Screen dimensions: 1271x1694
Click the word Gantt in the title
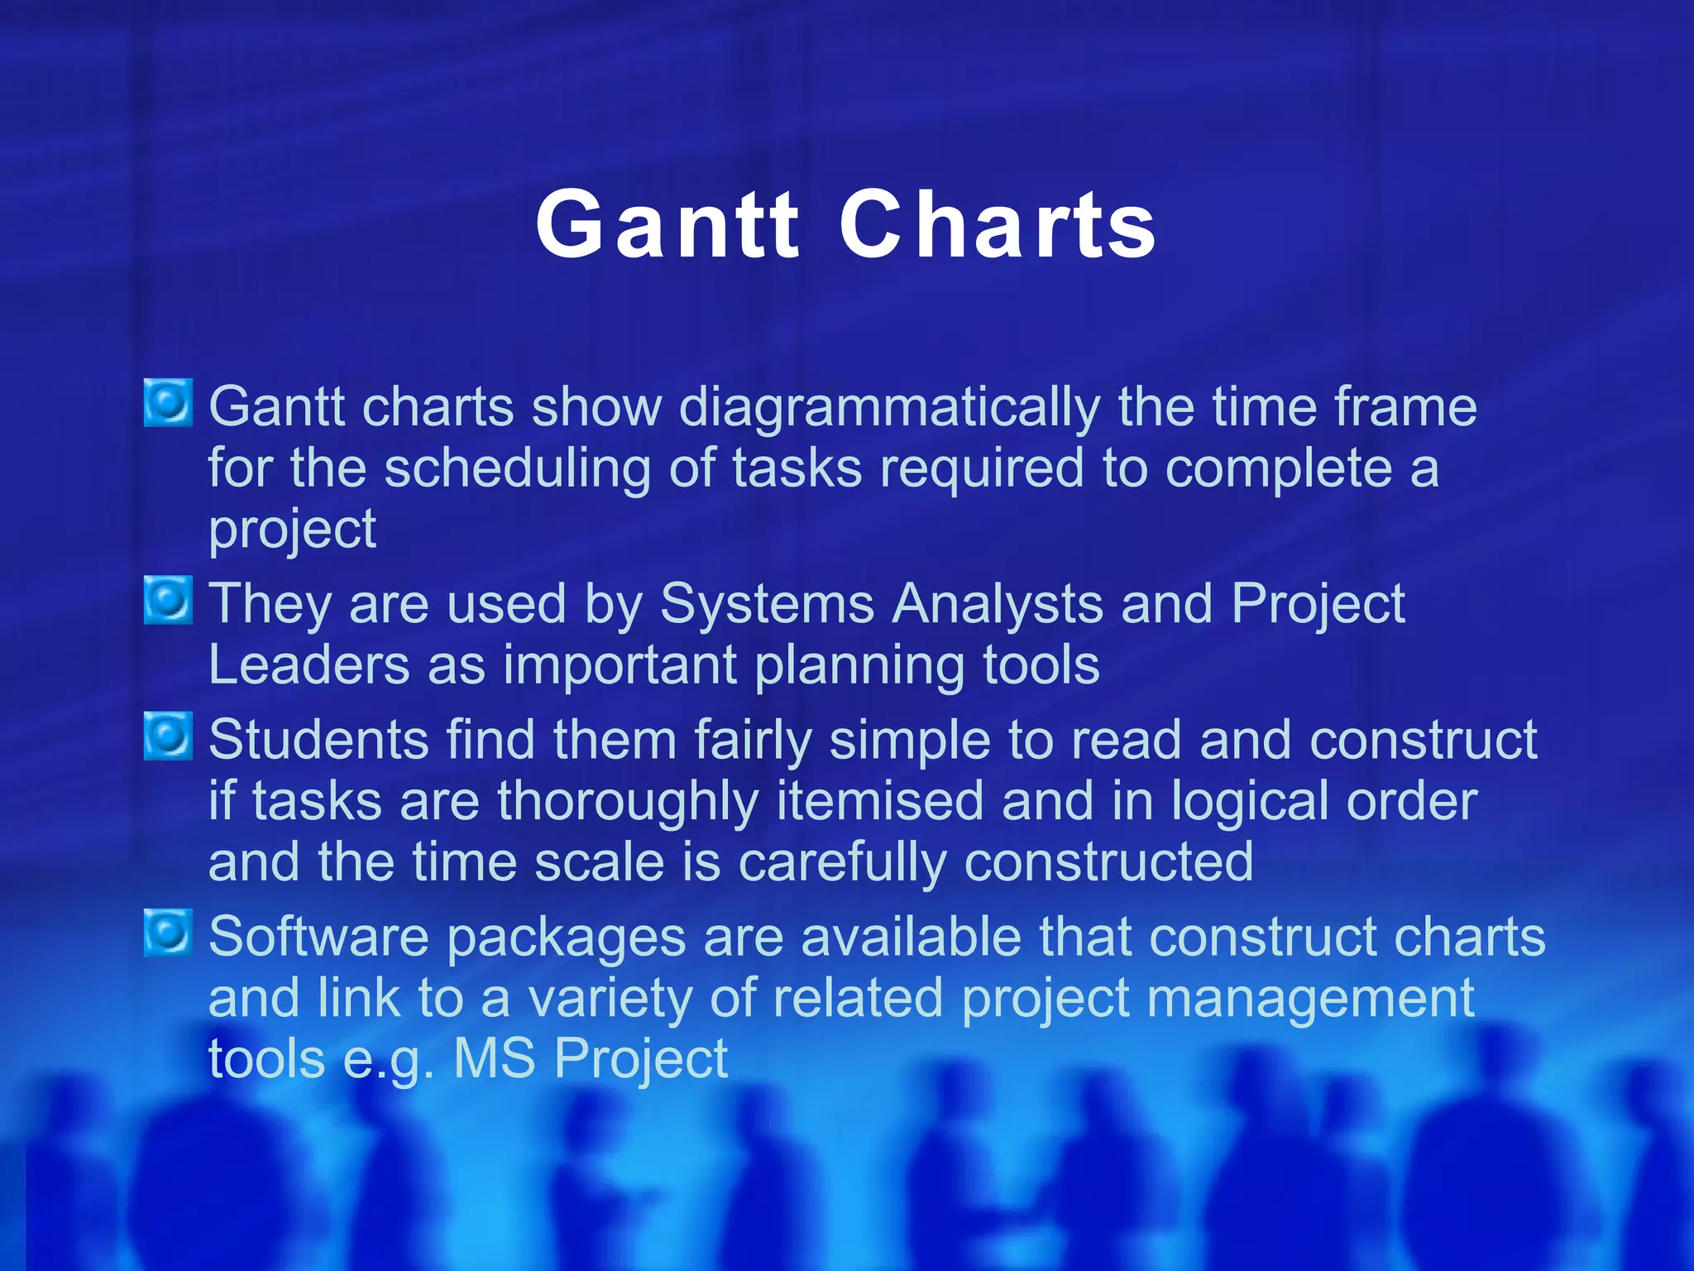[667, 225]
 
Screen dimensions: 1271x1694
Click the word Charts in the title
[998, 225]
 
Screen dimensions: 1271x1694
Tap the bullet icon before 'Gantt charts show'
[168, 403]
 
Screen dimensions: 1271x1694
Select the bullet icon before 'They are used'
[168, 600]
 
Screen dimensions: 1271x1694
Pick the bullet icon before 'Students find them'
[168, 736]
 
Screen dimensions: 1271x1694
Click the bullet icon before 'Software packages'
[168, 933]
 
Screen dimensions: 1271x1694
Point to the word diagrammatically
[889, 409]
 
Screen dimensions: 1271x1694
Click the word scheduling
[517, 469]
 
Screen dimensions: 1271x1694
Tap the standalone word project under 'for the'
[292, 530]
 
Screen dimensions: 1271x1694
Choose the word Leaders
[309, 665]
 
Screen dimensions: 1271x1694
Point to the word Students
[318, 740]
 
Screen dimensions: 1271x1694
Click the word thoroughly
[628, 802]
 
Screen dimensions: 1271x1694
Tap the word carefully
[841, 863]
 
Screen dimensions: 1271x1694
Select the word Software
[318, 938]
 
